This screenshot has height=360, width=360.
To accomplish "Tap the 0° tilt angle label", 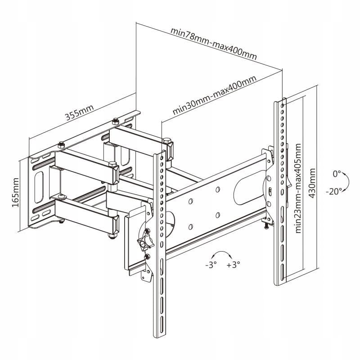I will click(337, 173).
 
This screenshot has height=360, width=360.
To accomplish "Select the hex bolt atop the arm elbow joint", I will click(167, 140).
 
